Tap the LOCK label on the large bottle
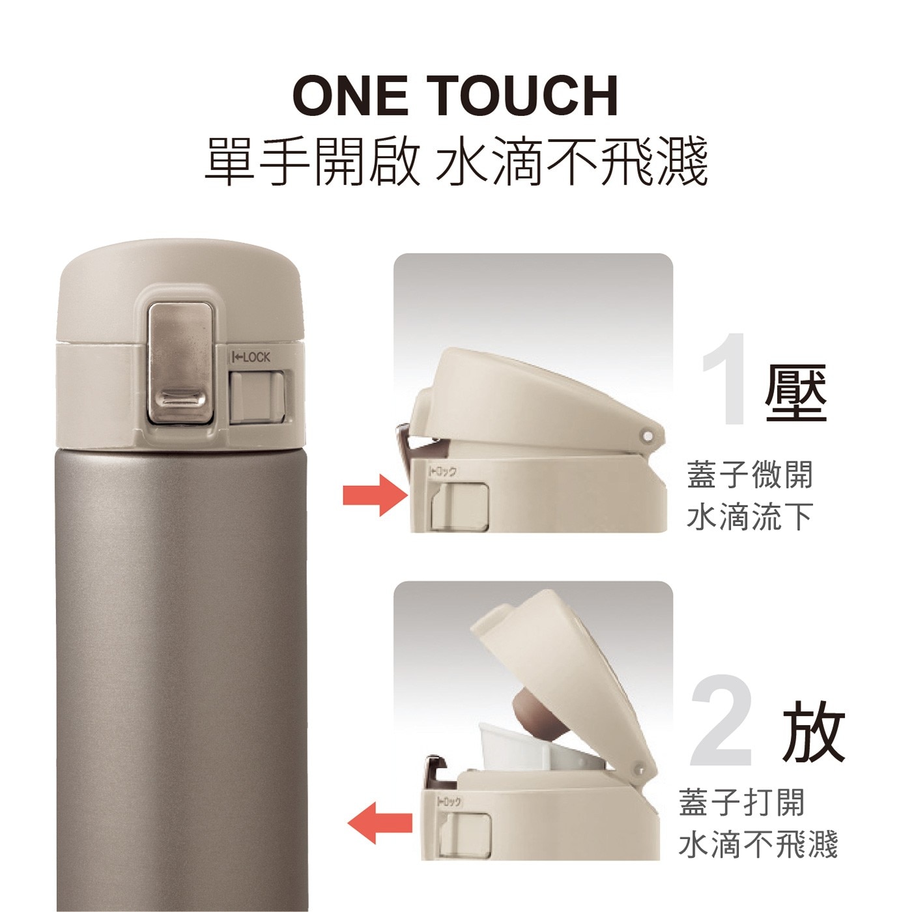click(x=250, y=358)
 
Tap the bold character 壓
click(x=796, y=392)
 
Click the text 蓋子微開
click(x=750, y=475)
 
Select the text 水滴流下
click(x=750, y=517)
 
